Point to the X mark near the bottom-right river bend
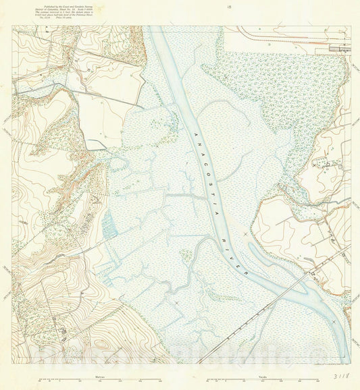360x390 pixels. (x=333, y=323)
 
